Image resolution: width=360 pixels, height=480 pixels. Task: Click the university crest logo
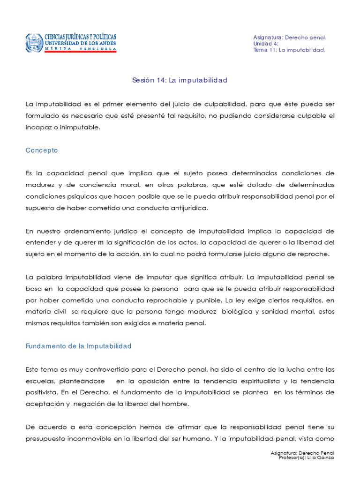34,43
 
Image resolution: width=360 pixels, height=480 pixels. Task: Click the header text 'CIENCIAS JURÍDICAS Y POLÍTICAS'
80,37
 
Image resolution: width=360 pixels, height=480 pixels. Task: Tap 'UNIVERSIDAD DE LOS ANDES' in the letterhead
80,44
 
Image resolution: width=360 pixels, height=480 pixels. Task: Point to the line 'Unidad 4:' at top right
266,44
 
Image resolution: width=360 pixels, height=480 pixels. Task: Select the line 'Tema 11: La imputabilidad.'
289,50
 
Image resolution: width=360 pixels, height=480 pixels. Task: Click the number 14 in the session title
161,80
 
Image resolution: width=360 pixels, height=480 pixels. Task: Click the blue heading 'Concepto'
42,150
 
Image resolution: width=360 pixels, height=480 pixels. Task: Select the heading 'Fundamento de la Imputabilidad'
79,346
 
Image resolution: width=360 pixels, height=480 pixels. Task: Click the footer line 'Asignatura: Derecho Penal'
302,453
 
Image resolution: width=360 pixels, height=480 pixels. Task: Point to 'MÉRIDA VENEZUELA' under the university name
80,49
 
